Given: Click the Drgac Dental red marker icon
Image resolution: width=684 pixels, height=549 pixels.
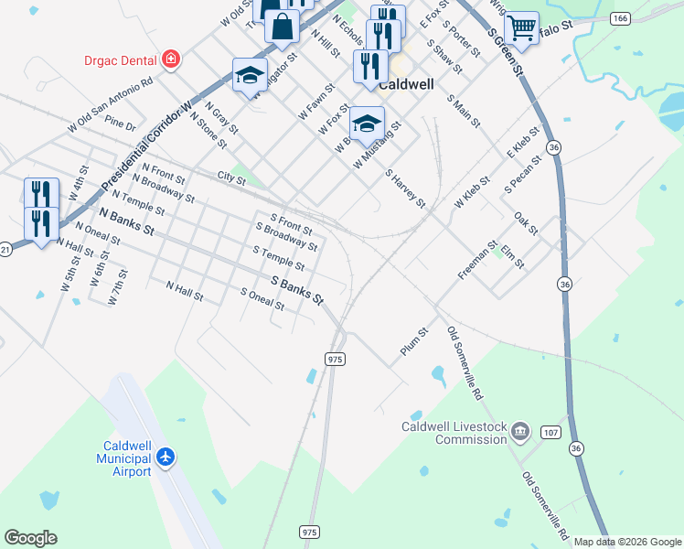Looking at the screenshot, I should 169,60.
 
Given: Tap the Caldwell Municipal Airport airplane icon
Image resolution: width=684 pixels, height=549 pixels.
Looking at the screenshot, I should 165,457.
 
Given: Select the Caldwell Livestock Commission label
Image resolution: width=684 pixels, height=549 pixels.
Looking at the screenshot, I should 454,433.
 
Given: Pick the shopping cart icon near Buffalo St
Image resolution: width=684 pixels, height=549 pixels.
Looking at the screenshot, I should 521,27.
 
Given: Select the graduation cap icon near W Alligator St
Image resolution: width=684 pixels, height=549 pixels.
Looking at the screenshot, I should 249,76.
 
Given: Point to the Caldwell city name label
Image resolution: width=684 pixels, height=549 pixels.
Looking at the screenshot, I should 405,81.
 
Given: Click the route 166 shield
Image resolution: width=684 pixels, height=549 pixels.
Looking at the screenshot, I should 621,17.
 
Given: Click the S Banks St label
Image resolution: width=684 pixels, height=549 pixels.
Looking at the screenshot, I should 297,288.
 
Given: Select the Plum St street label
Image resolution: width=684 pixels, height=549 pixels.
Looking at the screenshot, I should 413,343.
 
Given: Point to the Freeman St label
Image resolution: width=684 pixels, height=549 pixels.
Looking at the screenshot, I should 476,260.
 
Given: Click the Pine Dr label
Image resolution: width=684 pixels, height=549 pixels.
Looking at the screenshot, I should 120,124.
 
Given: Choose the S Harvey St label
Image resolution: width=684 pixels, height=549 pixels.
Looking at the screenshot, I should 405,188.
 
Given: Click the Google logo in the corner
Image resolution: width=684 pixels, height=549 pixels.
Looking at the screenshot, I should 30,538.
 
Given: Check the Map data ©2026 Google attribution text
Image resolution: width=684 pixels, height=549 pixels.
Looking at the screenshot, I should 627,542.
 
